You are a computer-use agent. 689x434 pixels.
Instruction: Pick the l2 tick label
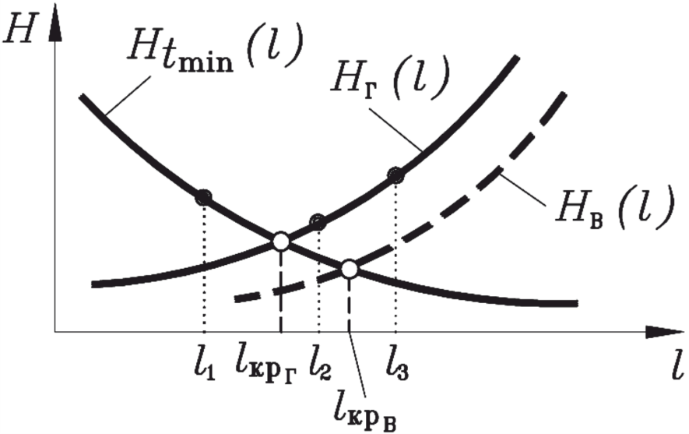click(x=320, y=362)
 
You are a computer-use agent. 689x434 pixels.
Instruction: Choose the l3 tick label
click(x=396, y=362)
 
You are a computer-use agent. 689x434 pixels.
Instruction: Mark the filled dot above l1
click(x=203, y=197)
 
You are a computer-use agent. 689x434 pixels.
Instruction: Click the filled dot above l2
click(x=318, y=222)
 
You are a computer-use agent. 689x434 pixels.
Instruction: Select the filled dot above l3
click(x=396, y=175)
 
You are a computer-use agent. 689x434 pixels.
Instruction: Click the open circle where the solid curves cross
click(x=281, y=242)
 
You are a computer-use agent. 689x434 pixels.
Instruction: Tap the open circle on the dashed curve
click(x=350, y=270)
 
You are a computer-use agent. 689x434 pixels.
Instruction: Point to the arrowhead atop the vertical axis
click(x=54, y=23)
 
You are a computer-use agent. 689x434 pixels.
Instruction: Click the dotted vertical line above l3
click(x=396, y=257)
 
